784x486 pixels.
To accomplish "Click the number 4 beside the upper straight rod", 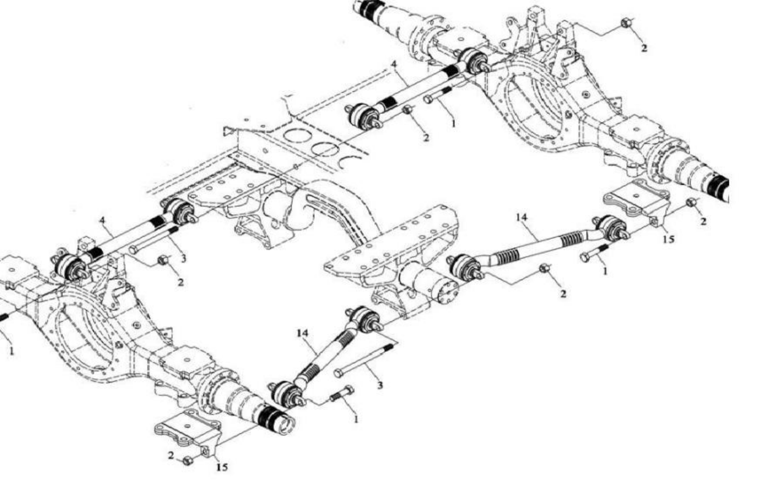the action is [x=395, y=64].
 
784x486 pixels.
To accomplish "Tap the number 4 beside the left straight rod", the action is [x=102, y=220].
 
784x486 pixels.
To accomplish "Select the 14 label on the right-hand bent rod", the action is [x=521, y=217].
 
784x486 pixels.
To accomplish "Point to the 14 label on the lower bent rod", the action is [x=302, y=333].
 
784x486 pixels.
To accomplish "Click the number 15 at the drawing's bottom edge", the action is [x=222, y=467].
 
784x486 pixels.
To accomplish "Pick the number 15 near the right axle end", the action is [x=668, y=239].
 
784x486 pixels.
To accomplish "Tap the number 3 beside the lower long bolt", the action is [x=380, y=385].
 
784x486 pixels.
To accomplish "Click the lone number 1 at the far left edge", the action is [x=11, y=350].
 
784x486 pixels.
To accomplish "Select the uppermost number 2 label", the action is [x=644, y=48].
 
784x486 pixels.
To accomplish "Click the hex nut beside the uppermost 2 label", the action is [x=626, y=23].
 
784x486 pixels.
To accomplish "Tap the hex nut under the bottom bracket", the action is [x=188, y=460].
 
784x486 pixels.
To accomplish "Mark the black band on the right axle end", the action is [x=717, y=187].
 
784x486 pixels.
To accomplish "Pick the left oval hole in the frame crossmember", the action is [x=297, y=136].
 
